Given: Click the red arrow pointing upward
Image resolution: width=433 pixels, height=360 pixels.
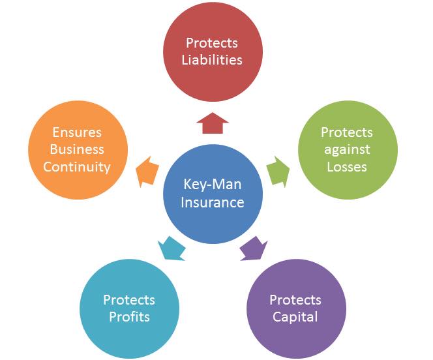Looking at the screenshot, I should pyautogui.click(x=212, y=122).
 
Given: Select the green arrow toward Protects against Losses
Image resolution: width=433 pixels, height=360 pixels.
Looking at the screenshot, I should pyautogui.click(x=279, y=172).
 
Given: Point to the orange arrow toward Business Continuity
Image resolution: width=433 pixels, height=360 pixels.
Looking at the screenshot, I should pyautogui.click(x=146, y=171).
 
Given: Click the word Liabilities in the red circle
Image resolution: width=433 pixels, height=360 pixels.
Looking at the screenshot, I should pyautogui.click(x=213, y=59).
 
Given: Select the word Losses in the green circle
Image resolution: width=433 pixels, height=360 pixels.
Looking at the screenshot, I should pyautogui.click(x=347, y=166).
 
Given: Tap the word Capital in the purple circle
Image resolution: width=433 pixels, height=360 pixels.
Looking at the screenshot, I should pyautogui.click(x=295, y=317).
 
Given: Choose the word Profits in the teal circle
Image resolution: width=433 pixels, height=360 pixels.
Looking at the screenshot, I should pyautogui.click(x=129, y=317).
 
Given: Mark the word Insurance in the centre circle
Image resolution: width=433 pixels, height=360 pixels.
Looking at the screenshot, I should pyautogui.click(x=213, y=202).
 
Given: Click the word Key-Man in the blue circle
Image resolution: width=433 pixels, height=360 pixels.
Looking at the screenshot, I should pyautogui.click(x=213, y=185).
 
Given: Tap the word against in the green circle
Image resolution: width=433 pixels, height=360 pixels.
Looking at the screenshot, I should pyautogui.click(x=347, y=149).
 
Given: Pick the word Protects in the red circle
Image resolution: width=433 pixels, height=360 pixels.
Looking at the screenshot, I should pyautogui.click(x=213, y=43).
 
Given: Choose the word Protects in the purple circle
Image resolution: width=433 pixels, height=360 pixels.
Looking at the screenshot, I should pyautogui.click(x=295, y=300).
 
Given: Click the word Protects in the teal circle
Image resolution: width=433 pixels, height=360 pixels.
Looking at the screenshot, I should pyautogui.click(x=129, y=300).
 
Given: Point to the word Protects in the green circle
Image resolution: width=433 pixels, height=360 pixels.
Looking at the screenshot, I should pyautogui.click(x=347, y=132).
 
